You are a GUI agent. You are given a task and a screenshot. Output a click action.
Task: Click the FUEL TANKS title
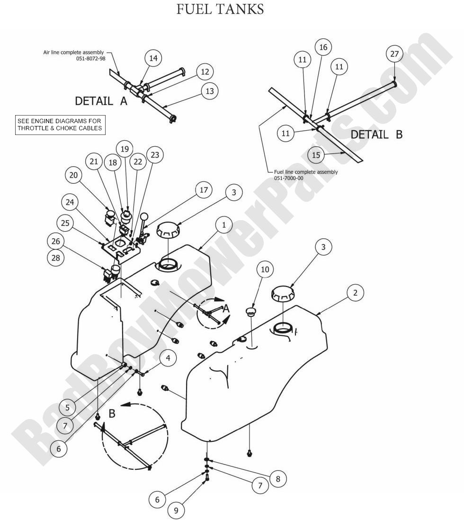220,9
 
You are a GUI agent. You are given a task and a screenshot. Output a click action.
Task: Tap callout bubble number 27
394,54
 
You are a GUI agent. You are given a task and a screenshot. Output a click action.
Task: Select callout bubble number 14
153,58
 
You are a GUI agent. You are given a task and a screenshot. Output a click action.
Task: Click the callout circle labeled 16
323,47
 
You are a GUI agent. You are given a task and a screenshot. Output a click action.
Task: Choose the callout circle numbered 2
355,293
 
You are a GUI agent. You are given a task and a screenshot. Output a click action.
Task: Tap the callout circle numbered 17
204,190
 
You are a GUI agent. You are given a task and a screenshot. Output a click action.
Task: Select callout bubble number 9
177,511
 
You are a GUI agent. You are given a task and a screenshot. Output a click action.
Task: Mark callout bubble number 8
278,479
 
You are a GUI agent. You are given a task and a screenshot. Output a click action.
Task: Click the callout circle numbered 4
168,358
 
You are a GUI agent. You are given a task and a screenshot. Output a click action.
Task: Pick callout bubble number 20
73,176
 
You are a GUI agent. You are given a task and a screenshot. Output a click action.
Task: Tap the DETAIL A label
101,101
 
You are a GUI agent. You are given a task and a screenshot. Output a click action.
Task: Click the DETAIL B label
376,134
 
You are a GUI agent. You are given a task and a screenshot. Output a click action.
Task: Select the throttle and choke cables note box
60,125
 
